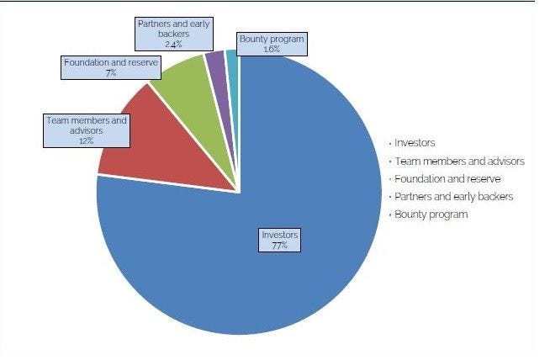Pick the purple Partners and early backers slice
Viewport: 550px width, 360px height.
pyautogui.click(x=215, y=61)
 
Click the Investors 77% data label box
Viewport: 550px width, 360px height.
pyautogui.click(x=279, y=239)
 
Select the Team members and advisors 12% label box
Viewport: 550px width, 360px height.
pyautogui.click(x=86, y=130)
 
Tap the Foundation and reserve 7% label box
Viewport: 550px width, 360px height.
pyautogui.click(x=110, y=67)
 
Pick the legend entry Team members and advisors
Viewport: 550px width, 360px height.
pyautogui.click(x=459, y=161)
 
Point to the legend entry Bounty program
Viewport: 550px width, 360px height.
pyautogui.click(x=431, y=214)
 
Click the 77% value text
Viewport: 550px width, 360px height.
pyautogui.click(x=279, y=245)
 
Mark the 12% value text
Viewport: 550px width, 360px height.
pyautogui.click(x=86, y=141)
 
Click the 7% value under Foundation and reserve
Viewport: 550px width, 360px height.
pyautogui.click(x=110, y=73)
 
